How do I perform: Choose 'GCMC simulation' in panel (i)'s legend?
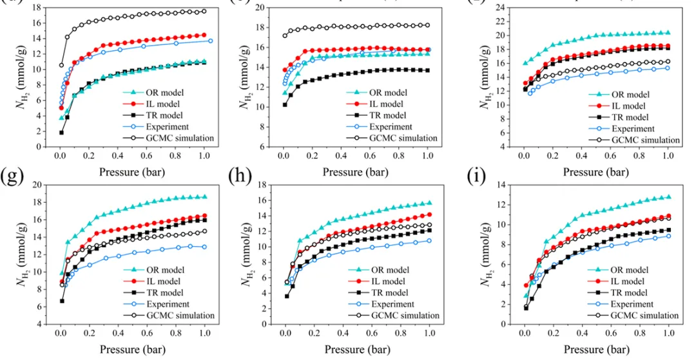pos(644,316)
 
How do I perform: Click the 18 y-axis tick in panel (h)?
pos(263,185)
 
